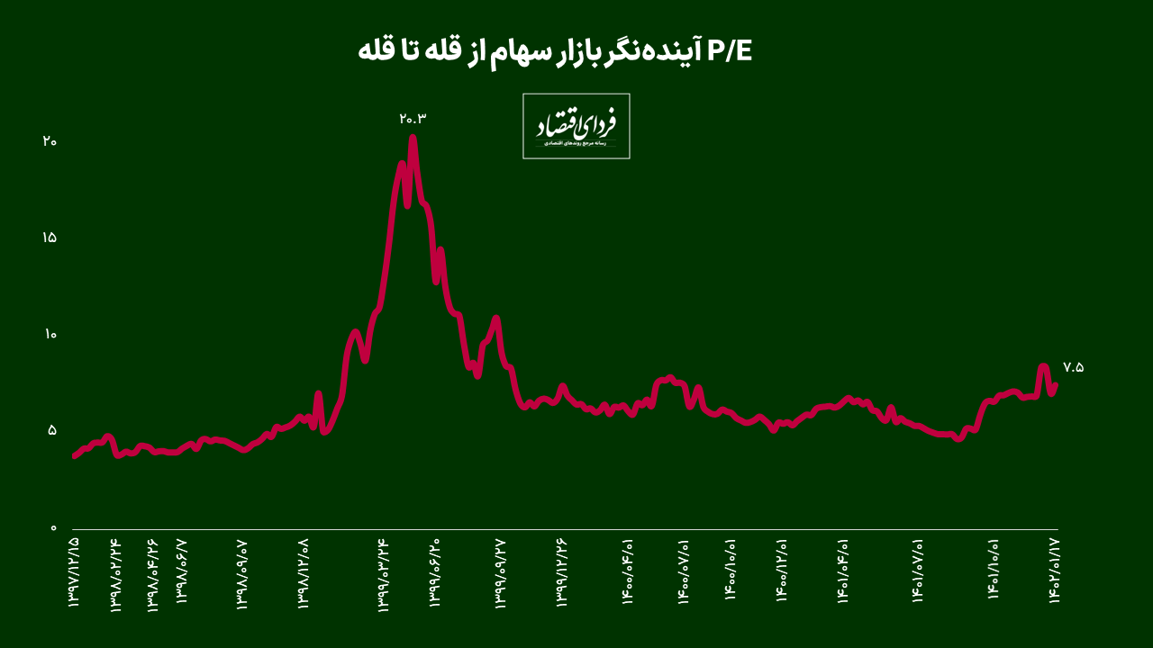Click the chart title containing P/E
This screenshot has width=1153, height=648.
tap(555, 51)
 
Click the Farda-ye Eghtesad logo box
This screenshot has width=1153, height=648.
tap(576, 126)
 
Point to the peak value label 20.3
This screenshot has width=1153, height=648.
tap(412, 119)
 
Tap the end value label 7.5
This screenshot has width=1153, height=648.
tap(1073, 367)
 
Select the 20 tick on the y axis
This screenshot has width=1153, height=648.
tap(50, 141)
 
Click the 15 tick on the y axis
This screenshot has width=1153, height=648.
tap(50, 238)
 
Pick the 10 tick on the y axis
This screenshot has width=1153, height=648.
tap(50, 335)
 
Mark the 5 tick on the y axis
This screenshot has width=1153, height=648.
tap(52, 430)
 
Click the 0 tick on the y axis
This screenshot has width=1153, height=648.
tap(52, 528)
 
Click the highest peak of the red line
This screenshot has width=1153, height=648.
tap(413, 138)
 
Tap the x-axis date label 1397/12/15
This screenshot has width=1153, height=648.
tap(74, 573)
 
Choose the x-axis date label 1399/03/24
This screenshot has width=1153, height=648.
tap(384, 573)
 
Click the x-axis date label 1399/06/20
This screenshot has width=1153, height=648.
tap(436, 573)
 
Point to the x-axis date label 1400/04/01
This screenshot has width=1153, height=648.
tap(628, 573)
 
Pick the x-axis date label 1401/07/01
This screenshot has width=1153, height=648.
tap(919, 573)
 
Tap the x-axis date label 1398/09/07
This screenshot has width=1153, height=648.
tap(242, 573)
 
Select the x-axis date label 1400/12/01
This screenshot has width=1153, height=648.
tap(782, 573)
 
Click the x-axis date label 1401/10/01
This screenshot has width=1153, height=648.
tap(994, 573)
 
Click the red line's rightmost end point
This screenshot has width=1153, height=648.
tap(1055, 384)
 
